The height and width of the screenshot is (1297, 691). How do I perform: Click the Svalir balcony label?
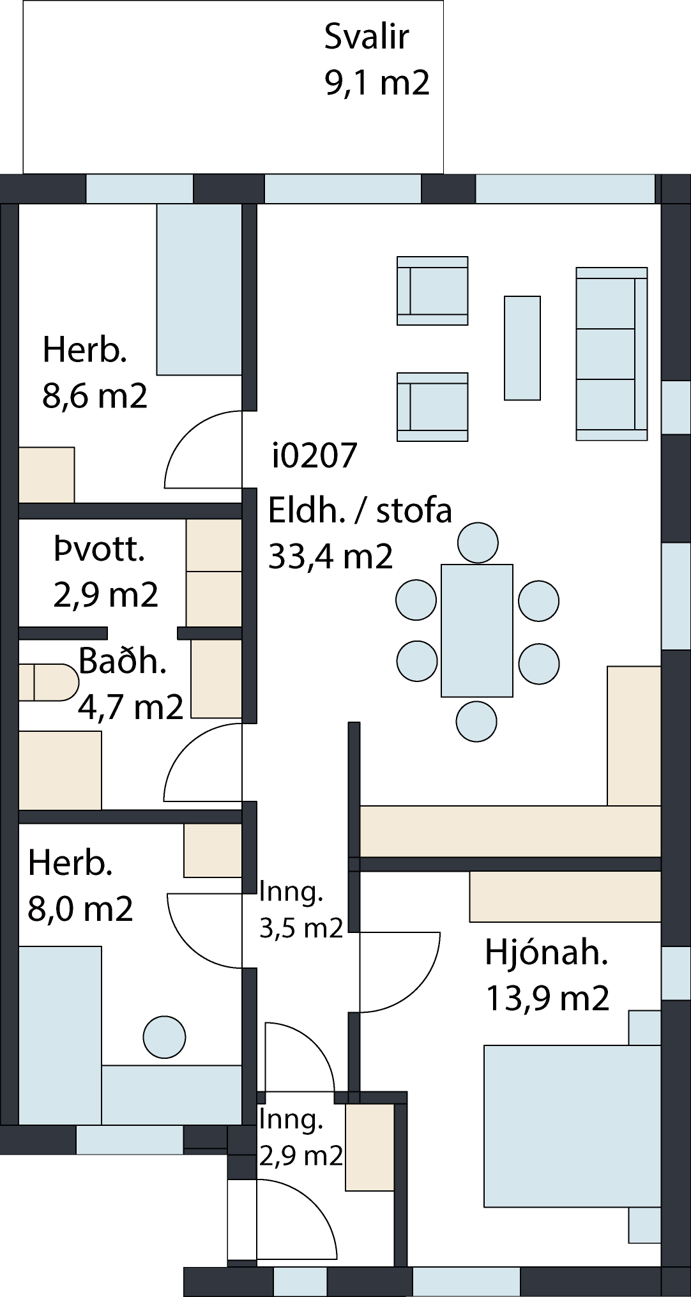point(366,36)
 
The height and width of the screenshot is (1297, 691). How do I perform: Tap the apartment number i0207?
point(314,456)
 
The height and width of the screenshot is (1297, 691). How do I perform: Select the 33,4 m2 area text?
point(330,556)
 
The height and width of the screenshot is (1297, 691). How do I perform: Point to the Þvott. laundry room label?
point(100,550)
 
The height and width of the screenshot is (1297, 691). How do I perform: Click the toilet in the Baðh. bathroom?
point(49,682)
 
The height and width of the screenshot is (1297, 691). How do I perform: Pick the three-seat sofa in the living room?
point(612,354)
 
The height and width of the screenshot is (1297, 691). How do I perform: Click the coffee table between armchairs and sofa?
point(522,348)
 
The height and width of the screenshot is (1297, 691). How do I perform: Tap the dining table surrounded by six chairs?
point(476,630)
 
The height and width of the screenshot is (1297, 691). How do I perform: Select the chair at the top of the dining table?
point(478,543)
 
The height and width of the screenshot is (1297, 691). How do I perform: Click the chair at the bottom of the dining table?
point(476,721)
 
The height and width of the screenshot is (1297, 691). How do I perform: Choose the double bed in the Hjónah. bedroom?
point(572,1126)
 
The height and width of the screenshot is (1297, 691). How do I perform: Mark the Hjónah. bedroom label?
point(546,953)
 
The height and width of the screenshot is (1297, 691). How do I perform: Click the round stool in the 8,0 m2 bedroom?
point(165,1037)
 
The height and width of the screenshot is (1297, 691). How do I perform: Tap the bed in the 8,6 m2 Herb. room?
point(199,289)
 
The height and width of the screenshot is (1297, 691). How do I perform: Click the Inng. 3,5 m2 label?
point(301,910)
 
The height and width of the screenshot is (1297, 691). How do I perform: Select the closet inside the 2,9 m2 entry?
point(370,1147)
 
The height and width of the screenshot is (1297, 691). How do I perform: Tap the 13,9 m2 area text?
point(547,998)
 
